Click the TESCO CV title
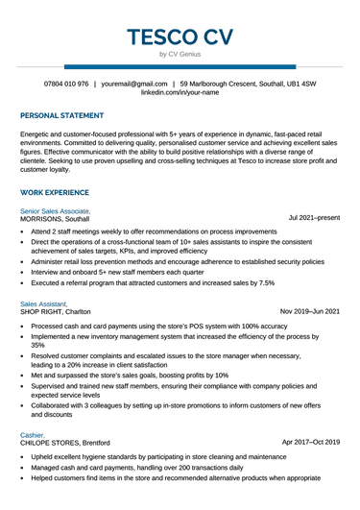(x=180, y=37)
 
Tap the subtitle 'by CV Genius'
(x=180, y=56)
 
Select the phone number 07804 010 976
(x=66, y=85)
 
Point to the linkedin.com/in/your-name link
(x=180, y=94)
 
